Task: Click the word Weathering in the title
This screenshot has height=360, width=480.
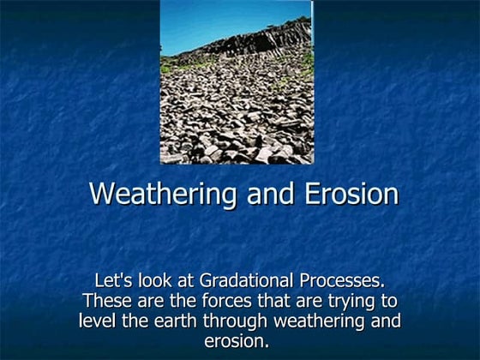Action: (x=164, y=194)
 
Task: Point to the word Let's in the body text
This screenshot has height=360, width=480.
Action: (x=114, y=281)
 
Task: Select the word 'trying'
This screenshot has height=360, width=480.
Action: (x=354, y=303)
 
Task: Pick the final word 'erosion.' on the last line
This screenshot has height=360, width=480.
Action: (x=237, y=342)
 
